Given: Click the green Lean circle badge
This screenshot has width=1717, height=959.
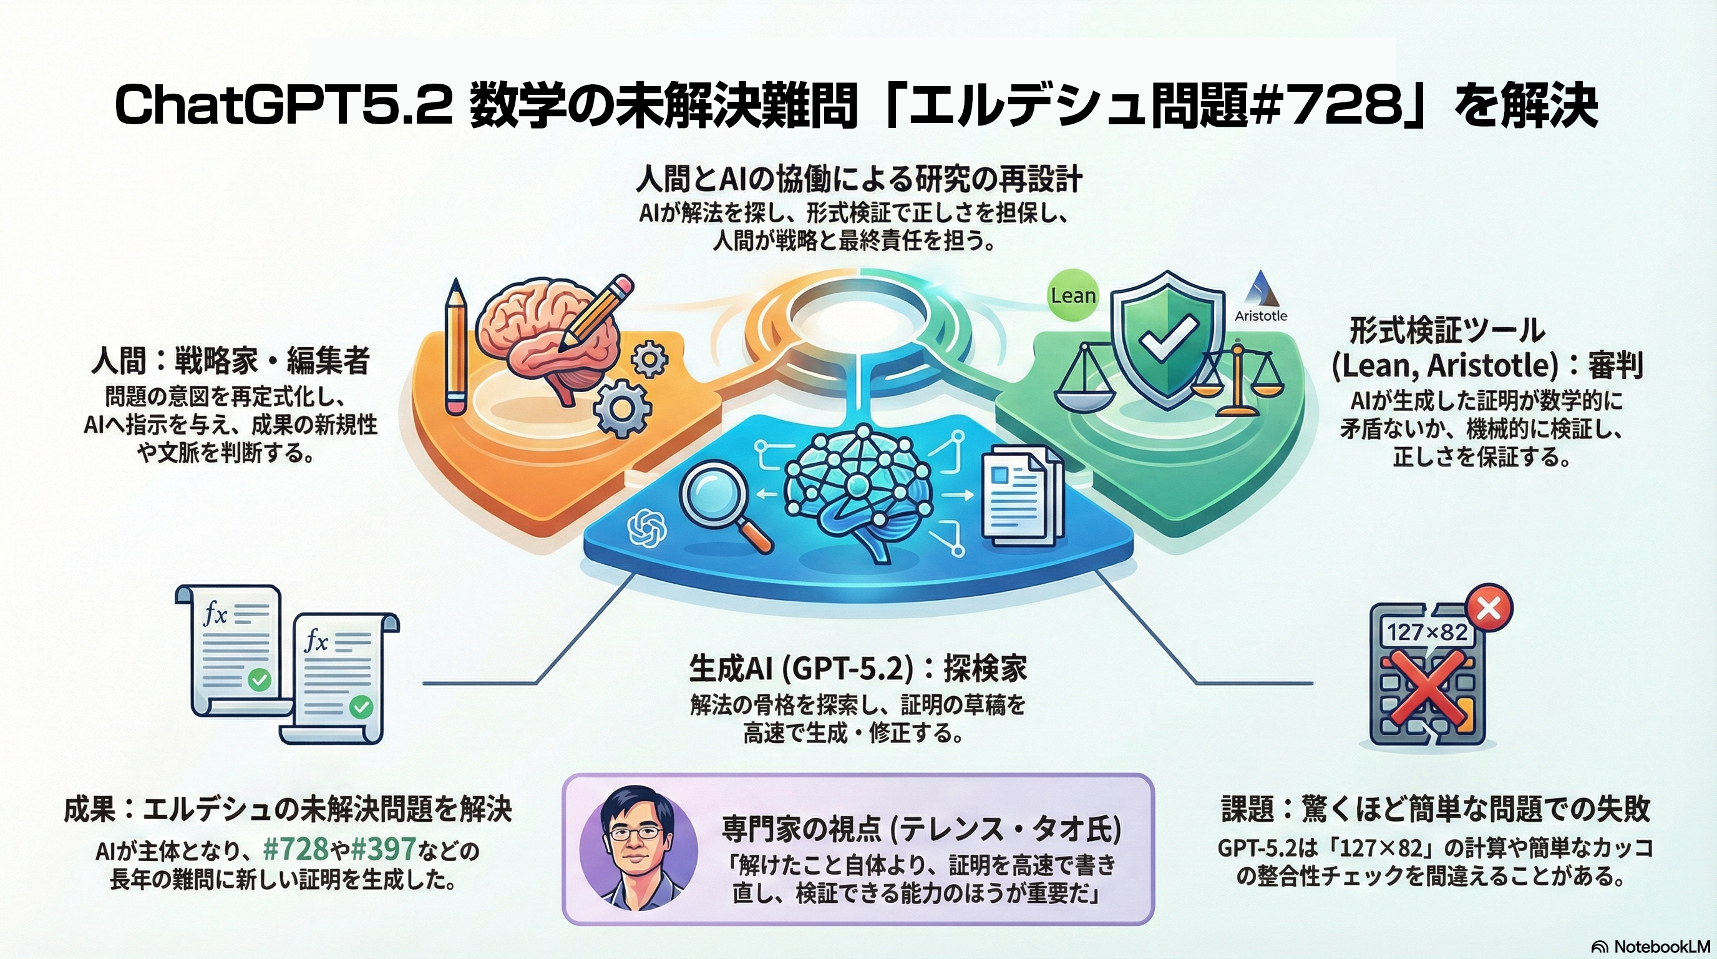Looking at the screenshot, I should tap(1073, 295).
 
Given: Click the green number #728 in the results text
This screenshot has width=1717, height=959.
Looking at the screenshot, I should tap(296, 850).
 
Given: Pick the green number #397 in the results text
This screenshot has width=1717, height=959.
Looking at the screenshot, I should tap(383, 850).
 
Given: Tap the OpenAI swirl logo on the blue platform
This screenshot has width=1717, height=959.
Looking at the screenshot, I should tap(647, 528).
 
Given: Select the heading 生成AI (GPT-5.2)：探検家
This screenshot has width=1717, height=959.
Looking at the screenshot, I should tap(858, 669).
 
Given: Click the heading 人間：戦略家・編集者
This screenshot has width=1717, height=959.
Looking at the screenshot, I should tap(230, 362).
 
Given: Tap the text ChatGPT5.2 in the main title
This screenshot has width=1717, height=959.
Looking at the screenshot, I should tap(283, 106).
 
